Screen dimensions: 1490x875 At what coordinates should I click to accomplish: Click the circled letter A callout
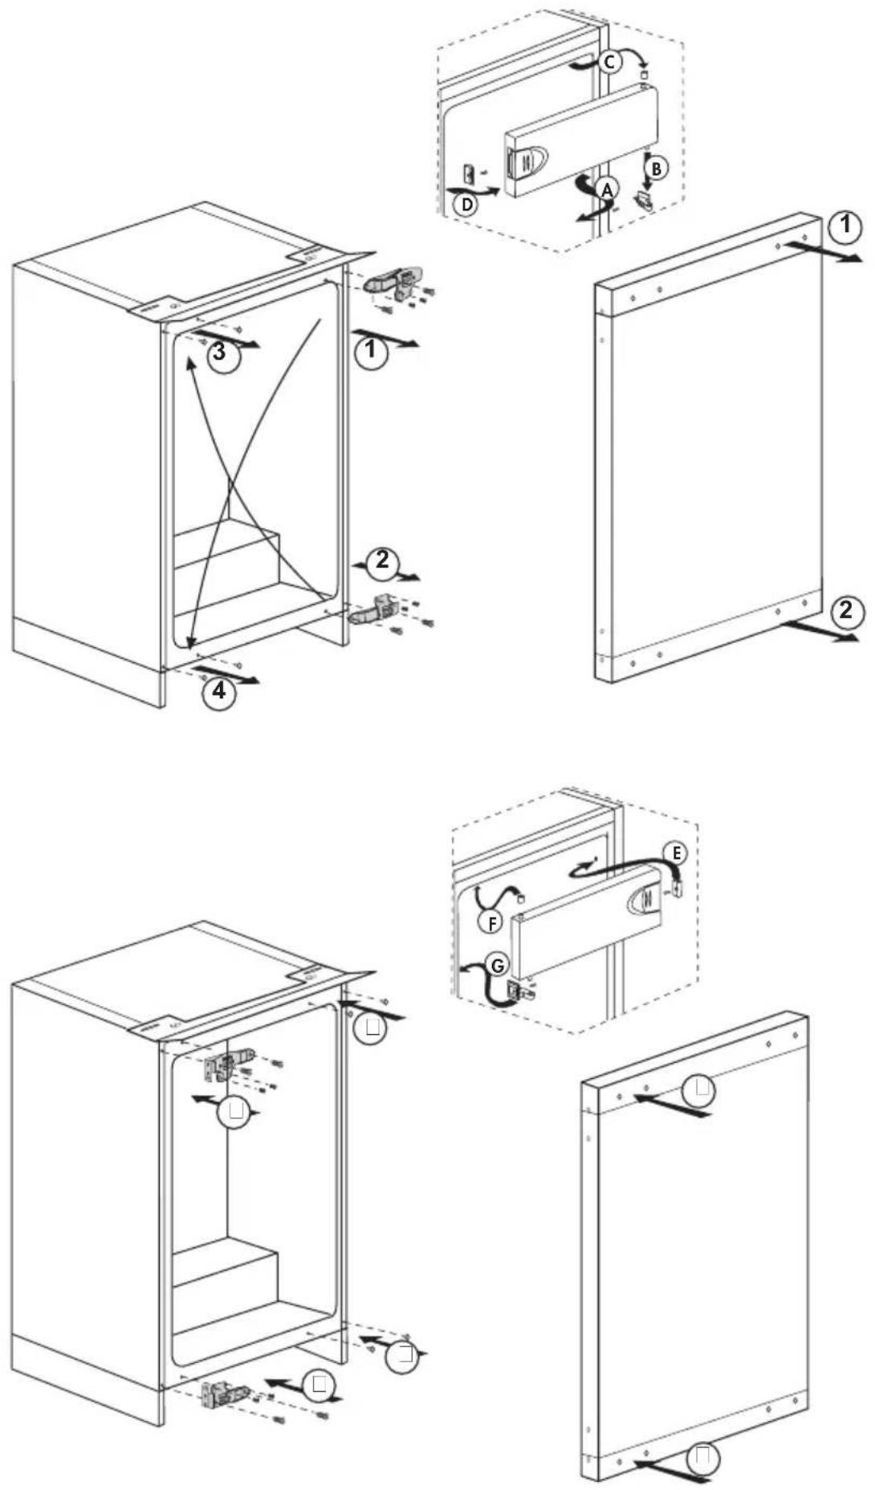point(607,189)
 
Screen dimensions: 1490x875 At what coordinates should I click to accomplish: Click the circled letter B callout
point(656,168)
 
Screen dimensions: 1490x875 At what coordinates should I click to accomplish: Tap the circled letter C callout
point(609,61)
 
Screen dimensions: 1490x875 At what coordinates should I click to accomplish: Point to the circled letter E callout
point(676,853)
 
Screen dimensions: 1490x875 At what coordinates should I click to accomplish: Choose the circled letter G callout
point(498,966)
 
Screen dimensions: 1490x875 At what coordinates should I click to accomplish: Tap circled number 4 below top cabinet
point(219,690)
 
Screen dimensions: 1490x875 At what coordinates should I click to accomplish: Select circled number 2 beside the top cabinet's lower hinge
point(382,560)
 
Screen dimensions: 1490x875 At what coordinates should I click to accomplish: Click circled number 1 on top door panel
point(844,226)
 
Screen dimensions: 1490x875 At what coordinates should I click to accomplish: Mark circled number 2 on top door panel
point(846,611)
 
